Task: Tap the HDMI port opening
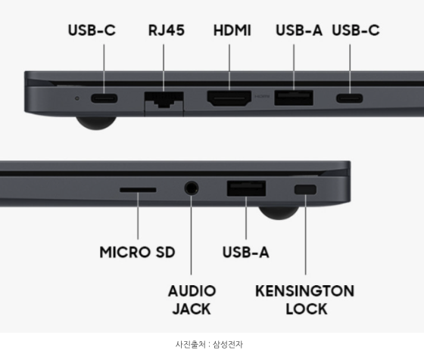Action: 229,98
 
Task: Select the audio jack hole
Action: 192,188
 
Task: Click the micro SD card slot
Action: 138,190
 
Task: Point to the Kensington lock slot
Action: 305,189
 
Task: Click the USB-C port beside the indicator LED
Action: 104,98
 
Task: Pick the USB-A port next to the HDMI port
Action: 294,98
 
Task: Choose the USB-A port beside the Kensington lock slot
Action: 246,188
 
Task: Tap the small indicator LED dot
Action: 77,98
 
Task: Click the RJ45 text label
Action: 167,30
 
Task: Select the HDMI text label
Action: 232,30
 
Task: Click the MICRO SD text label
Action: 137,252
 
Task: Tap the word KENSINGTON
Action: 304,291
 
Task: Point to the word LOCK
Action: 307,309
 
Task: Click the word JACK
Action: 192,309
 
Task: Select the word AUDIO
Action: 192,291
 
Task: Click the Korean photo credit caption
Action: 209,344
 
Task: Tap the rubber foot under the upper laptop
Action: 96,123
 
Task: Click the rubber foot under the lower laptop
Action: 279,213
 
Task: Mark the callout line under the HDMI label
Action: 229,67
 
